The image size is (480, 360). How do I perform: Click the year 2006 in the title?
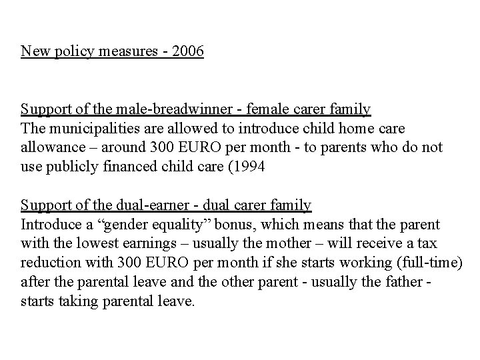(188, 51)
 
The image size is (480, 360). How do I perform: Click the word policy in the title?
(67, 51)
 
